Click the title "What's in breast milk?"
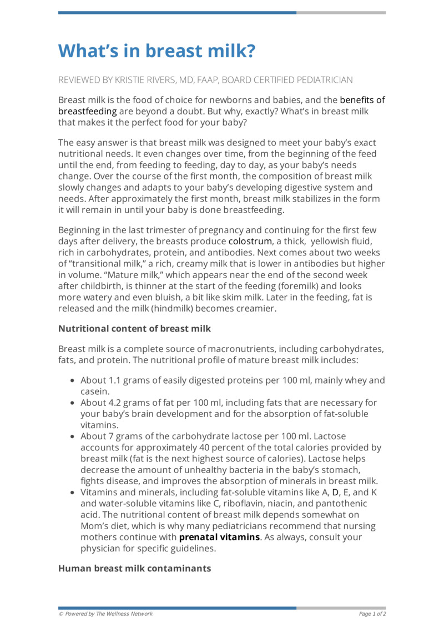[x=157, y=51]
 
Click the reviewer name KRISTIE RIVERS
[x=149, y=80]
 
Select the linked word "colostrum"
[x=250, y=242]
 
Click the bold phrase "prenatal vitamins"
[x=219, y=537]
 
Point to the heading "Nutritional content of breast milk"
[x=134, y=329]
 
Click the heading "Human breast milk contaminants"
[x=134, y=568]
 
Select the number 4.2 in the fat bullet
[x=113, y=402]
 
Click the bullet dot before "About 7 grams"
[x=73, y=436]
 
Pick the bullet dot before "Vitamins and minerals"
[x=73, y=493]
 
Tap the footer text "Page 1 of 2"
[x=372, y=614]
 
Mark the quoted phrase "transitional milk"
[x=105, y=264]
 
